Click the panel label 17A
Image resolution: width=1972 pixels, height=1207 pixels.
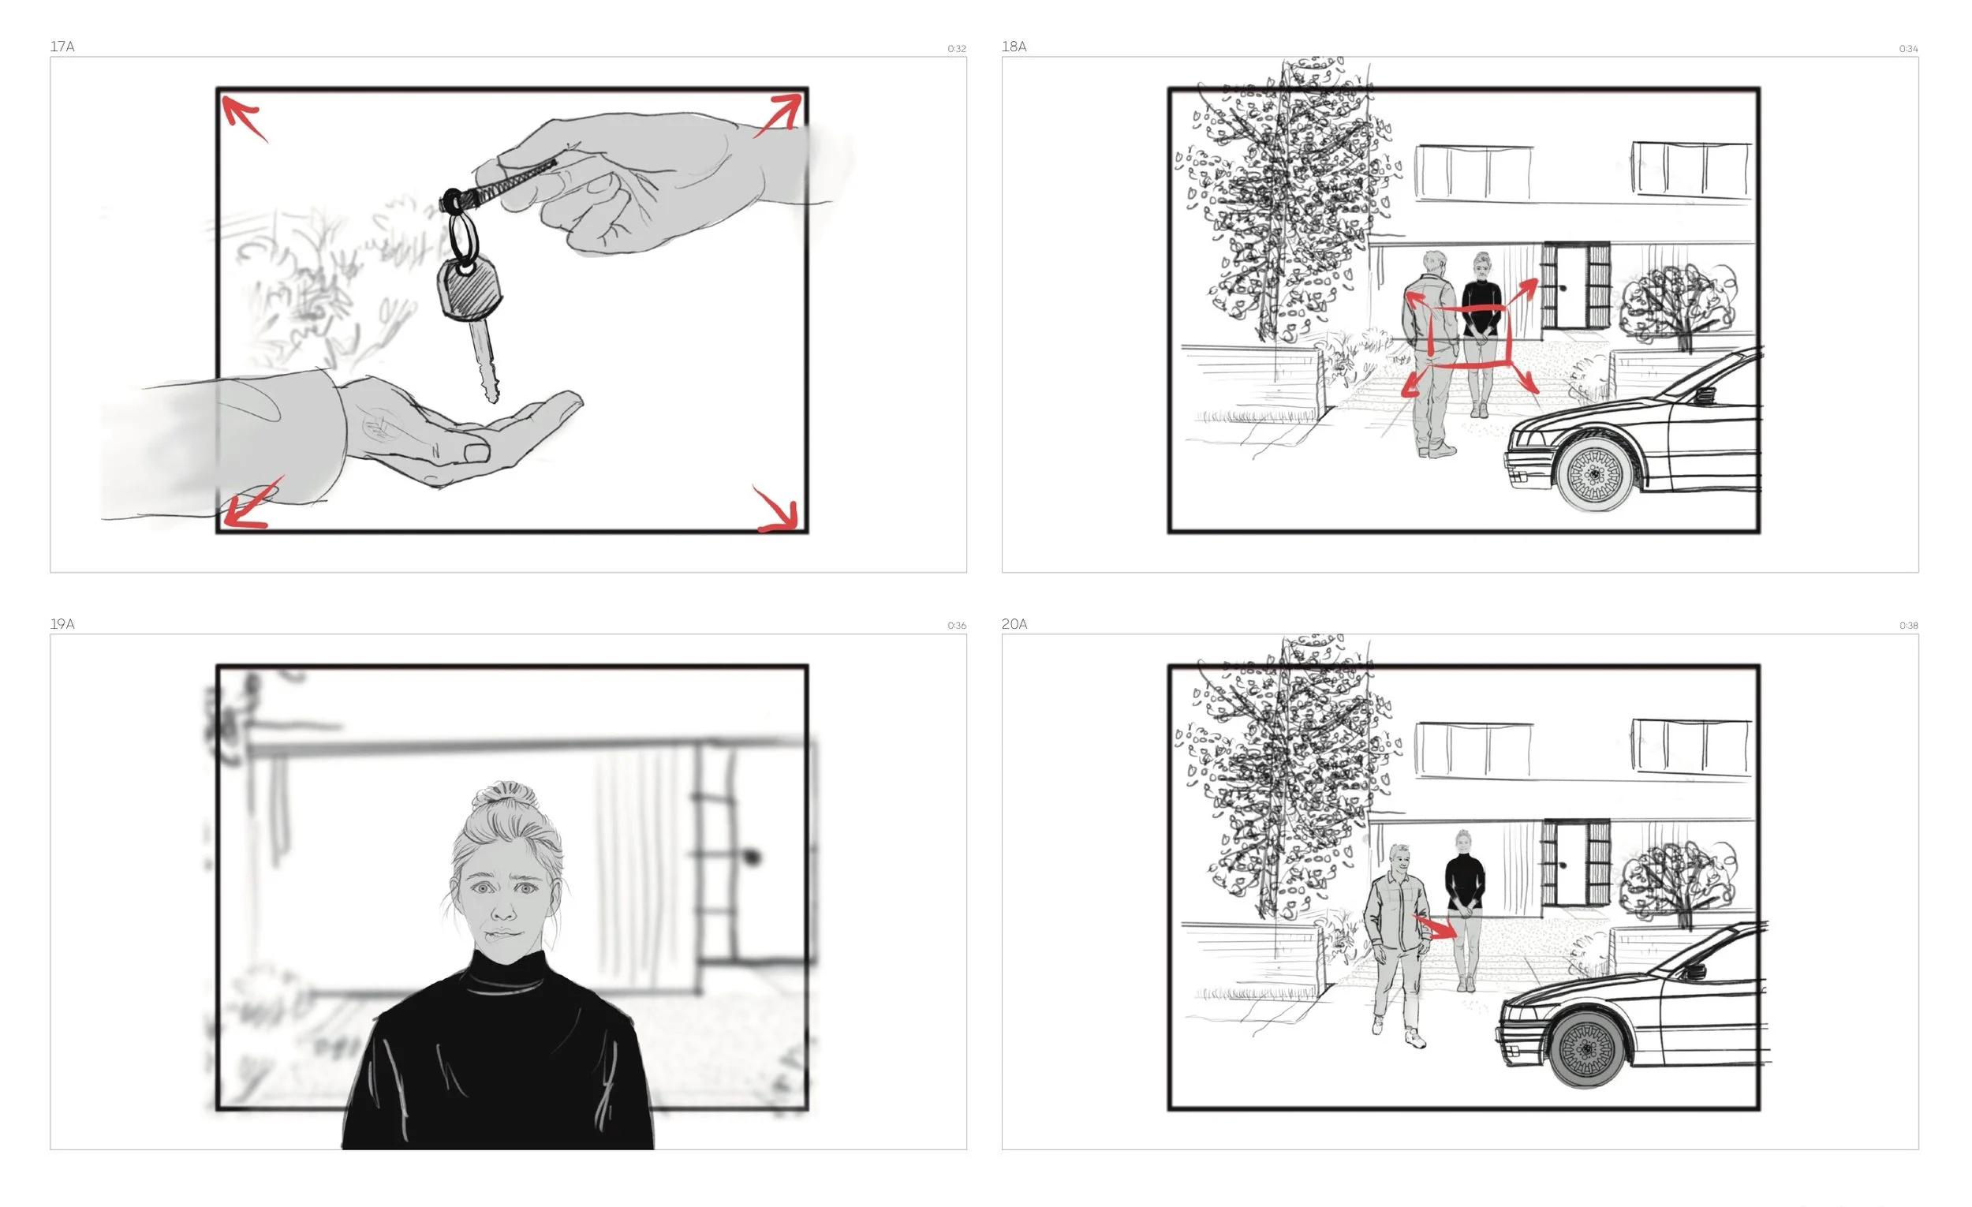(62, 47)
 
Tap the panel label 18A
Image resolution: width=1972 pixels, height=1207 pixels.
(1014, 47)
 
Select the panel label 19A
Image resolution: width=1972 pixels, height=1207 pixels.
(62, 623)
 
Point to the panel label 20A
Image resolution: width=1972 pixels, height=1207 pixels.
(1014, 623)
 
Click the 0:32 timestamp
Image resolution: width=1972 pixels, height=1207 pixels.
(956, 49)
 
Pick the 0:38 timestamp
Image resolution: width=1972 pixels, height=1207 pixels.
(1908, 626)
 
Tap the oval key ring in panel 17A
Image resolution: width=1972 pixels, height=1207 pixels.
(461, 236)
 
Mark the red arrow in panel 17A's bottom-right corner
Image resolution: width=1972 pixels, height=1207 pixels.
(776, 509)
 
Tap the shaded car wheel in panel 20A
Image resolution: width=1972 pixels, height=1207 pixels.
(1588, 1048)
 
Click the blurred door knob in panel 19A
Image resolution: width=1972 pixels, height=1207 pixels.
(752, 858)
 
